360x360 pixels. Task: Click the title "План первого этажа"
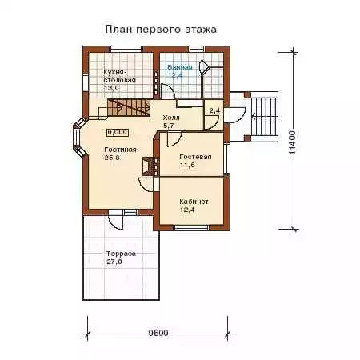click(x=161, y=30)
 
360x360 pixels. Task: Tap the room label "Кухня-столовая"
click(x=119, y=76)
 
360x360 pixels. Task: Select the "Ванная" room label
click(x=180, y=67)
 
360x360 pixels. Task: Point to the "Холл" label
click(x=171, y=118)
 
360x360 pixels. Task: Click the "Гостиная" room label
click(x=120, y=150)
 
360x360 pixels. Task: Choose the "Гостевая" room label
click(x=195, y=157)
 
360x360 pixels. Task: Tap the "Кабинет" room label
click(x=194, y=202)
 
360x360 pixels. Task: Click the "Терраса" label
click(x=121, y=254)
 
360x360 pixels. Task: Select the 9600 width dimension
click(x=158, y=333)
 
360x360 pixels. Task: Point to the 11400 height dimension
click(x=292, y=142)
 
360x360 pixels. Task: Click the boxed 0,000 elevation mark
click(x=118, y=132)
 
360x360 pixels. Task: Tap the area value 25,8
click(x=112, y=158)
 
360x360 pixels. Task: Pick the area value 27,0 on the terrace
click(x=114, y=262)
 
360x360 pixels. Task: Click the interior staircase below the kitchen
click(x=129, y=107)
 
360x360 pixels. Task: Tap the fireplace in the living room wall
click(x=150, y=166)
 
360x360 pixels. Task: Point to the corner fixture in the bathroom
click(x=205, y=67)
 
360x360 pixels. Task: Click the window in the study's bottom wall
click(x=191, y=227)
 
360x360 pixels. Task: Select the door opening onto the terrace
click(x=116, y=219)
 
